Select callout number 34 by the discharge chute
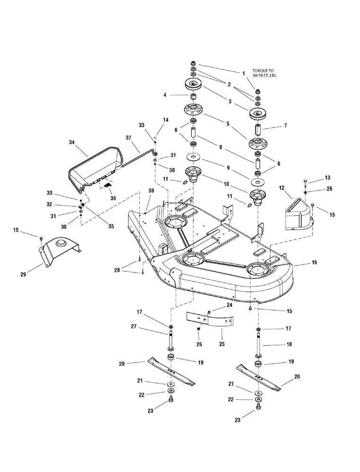point(72,142)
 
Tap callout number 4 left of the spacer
point(165,95)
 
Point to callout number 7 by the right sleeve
point(285,126)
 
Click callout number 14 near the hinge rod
point(165,120)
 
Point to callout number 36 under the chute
point(112,199)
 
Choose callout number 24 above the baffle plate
point(230,305)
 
